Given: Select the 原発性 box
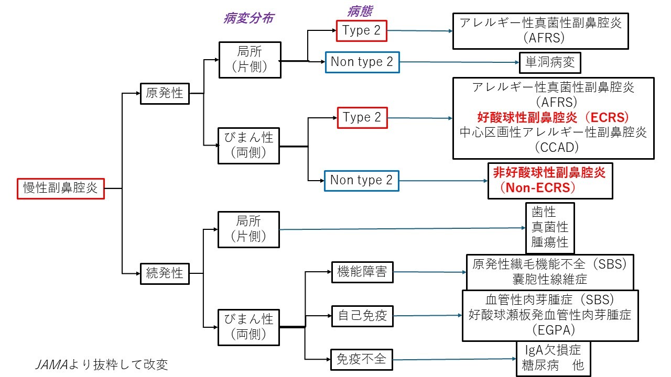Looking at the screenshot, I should pyautogui.click(x=164, y=94).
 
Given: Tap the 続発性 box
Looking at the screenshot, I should pyautogui.click(x=164, y=273).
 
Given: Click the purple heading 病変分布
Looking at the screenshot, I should pyautogui.click(x=248, y=18).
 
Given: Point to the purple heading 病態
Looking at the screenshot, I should pyautogui.click(x=360, y=11).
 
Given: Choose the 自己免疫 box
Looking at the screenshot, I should pyautogui.click(x=362, y=316).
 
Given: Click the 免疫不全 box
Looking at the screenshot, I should pyautogui.click(x=362, y=359).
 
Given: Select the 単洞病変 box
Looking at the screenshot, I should pyautogui.click(x=550, y=63).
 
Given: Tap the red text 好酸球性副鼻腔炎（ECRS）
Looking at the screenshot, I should pyautogui.click(x=553, y=116).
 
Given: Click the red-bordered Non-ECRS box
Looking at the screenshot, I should pyautogui.click(x=549, y=180).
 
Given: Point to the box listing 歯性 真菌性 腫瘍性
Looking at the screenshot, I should pyautogui.click(x=550, y=228).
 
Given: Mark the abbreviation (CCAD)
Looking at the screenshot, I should pyautogui.click(x=554, y=147).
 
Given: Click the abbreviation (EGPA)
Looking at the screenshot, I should pyautogui.click(x=550, y=330).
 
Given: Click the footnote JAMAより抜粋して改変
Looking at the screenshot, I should pyautogui.click(x=101, y=363).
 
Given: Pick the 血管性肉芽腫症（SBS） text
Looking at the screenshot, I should pyautogui.click(x=550, y=300).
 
